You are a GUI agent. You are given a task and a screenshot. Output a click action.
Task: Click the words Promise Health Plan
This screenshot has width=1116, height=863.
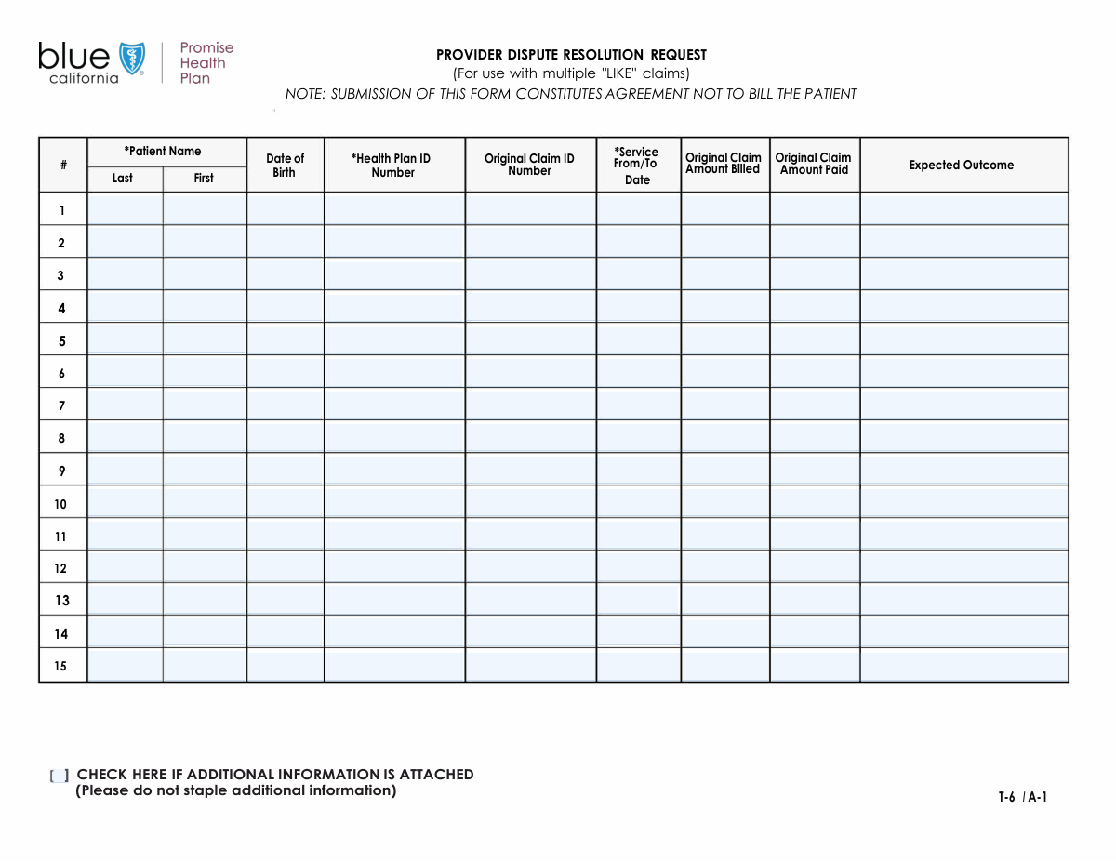tap(206, 63)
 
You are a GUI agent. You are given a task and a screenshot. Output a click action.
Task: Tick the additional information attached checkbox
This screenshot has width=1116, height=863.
tap(60, 776)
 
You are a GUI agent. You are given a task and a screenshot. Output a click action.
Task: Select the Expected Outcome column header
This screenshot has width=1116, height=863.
tap(962, 166)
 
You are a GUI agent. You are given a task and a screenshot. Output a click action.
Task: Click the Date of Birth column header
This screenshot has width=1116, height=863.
tap(285, 166)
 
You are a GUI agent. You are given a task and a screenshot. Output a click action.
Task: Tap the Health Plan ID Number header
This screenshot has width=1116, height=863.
tap(392, 166)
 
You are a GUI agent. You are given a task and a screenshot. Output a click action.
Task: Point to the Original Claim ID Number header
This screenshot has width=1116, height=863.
tap(529, 165)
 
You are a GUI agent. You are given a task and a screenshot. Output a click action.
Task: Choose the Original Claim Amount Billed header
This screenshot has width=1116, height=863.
tap(724, 164)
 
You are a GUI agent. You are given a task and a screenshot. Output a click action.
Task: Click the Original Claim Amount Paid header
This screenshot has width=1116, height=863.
tap(814, 164)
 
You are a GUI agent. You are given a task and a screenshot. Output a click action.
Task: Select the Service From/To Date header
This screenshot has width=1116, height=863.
tap(637, 166)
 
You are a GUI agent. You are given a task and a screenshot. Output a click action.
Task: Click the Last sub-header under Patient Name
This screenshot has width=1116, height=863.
tap(123, 179)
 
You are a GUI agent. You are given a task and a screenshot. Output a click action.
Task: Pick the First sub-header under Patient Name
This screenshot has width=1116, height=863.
tap(204, 179)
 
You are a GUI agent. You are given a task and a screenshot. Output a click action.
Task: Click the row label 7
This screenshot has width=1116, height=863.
tap(62, 406)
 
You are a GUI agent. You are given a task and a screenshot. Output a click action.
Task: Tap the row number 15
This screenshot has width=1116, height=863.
tap(60, 667)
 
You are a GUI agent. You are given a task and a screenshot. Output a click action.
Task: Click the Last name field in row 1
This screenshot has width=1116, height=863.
tap(125, 209)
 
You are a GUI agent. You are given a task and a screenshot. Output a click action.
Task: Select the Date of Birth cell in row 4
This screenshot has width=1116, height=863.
tap(285, 307)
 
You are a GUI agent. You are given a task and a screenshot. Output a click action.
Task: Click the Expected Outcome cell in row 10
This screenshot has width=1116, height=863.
tap(963, 503)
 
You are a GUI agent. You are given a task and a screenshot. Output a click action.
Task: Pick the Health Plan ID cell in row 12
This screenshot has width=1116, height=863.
tap(394, 567)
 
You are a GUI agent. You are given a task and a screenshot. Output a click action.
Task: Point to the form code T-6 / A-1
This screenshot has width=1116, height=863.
tap(1023, 797)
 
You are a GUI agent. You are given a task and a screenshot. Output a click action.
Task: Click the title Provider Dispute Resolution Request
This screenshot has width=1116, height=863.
tap(571, 55)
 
